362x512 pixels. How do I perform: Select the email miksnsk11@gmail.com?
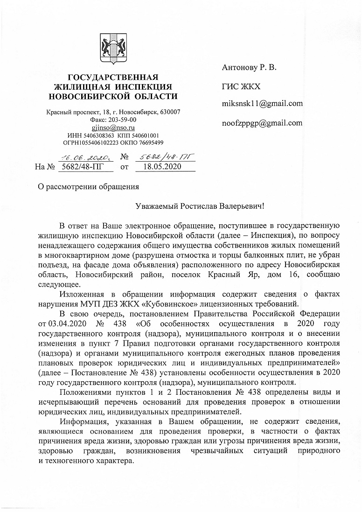click(262, 104)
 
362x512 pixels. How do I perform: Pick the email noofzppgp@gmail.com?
click(262, 123)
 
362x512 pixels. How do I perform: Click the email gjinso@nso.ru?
click(113, 127)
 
